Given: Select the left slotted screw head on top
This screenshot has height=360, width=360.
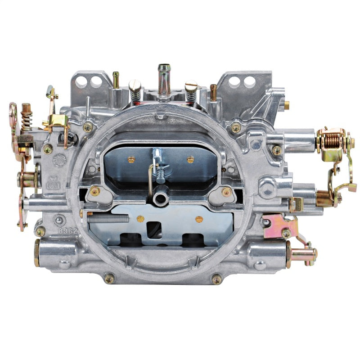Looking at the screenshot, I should tap(135, 85).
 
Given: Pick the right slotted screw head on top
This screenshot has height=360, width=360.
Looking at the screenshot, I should tap(192, 85).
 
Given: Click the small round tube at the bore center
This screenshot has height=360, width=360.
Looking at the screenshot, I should tap(158, 198).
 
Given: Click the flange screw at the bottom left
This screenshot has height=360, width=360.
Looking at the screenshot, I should tap(109, 279).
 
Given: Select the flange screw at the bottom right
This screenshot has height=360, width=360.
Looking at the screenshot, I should tap(216, 279).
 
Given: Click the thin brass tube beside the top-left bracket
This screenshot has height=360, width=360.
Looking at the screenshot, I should tap(116, 80).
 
